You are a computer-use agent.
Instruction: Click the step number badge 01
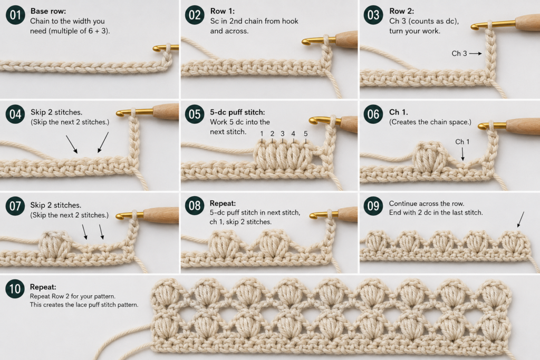point(15,15)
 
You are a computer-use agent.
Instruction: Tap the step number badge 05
point(195,114)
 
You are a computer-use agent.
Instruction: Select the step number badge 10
point(15,288)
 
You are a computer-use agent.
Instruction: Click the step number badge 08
point(195,206)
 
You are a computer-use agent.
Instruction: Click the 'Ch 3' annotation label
point(459,53)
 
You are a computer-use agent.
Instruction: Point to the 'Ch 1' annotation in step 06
point(462,141)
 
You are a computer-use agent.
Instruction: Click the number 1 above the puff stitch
point(262,133)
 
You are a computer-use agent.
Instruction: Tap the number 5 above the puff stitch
point(305,133)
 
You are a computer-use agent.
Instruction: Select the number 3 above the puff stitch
point(283,133)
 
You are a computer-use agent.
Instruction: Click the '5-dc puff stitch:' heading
point(237,112)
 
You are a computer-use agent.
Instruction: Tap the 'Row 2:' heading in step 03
point(401,11)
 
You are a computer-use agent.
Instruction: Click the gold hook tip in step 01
point(156,48)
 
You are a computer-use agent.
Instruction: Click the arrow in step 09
point(520,220)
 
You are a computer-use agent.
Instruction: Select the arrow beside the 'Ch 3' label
point(476,53)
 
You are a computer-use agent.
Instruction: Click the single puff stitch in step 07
point(55,245)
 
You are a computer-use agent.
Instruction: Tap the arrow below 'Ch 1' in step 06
point(462,154)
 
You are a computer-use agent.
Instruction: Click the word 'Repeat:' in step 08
point(223,203)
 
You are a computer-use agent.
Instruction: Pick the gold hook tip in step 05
point(313,120)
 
